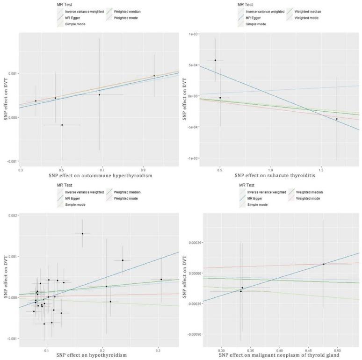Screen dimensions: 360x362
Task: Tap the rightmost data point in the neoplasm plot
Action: [323, 264]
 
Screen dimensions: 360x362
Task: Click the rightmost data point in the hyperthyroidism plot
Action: [154, 76]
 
